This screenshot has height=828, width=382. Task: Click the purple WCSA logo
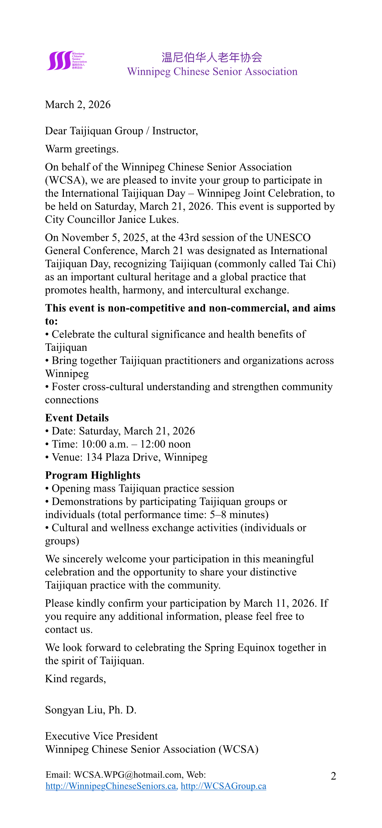coord(66,61)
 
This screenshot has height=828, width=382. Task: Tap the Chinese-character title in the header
coord(212,57)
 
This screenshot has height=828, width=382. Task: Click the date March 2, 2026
coord(78,105)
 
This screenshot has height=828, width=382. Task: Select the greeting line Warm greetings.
coord(82,149)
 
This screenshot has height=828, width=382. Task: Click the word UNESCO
coord(288,237)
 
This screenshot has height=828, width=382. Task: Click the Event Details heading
coord(77,418)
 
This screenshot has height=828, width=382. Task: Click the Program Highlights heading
coord(93,475)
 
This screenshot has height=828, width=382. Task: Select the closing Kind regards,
coord(75,679)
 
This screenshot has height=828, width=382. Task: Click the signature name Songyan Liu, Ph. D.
coord(90,710)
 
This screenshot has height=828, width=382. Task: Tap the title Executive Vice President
coord(101,736)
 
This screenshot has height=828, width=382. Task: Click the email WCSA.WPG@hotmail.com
coord(127,775)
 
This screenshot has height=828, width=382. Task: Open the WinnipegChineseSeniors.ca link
coord(111,786)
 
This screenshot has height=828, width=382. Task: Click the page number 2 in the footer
coord(333,776)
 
